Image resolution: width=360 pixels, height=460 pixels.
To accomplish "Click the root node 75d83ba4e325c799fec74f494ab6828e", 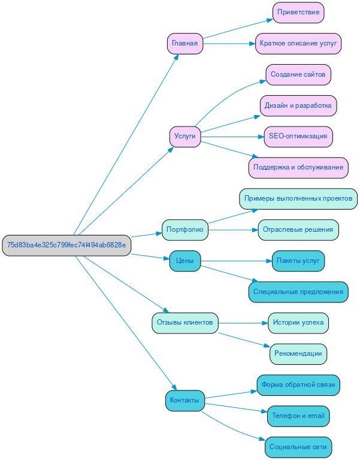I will pos(66,245).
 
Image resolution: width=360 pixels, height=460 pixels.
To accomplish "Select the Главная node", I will pos(184,44).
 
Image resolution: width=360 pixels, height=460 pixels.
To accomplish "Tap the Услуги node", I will pos(184,137).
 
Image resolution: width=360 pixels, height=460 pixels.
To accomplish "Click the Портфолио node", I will pos(184,229).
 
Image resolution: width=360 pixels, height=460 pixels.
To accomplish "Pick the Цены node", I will pos(184,261).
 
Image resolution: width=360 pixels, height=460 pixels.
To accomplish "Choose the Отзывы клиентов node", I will pos(184,323).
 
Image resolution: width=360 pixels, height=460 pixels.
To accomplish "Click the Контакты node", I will pos(184,400).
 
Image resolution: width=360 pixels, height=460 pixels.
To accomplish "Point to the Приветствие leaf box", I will pos(298,13).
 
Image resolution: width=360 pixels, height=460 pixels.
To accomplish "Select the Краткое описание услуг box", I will pos(298,44).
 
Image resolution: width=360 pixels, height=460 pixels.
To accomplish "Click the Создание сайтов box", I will pos(298,75).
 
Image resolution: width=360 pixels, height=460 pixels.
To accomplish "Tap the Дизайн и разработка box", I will pos(298,105).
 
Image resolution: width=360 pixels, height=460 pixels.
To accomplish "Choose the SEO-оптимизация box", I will pos(298,137).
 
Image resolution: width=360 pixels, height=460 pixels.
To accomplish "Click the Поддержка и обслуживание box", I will pos(298,168).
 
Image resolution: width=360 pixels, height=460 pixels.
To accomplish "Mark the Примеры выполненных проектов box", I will pos(298,198).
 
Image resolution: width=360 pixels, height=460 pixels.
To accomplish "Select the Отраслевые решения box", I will pos(298,229).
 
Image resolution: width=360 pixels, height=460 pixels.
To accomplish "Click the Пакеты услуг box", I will pos(298,261).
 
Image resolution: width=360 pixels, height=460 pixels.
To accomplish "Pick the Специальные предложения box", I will pos(298,292).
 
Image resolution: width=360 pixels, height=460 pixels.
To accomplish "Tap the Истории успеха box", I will pos(298,323).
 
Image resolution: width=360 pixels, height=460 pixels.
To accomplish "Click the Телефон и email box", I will pos(298,416).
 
